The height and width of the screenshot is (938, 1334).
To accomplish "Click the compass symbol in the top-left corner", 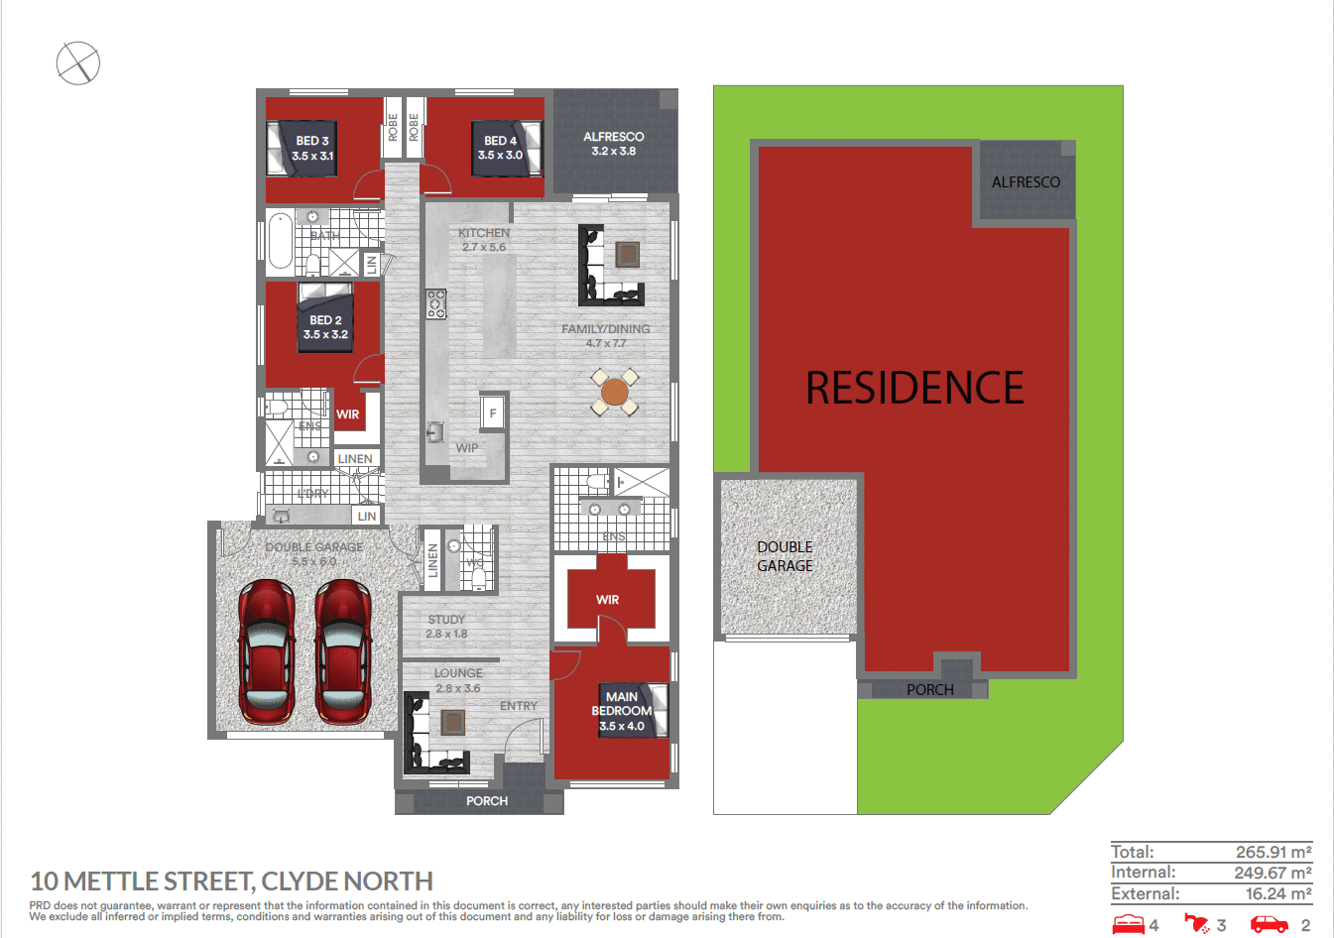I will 78,63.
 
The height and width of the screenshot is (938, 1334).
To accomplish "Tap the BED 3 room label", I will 312,149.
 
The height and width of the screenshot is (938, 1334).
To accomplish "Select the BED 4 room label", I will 500,148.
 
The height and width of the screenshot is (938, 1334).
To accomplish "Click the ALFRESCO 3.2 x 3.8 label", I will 613,144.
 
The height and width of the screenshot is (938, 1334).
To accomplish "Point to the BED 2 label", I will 325,327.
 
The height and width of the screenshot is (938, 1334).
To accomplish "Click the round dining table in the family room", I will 615,392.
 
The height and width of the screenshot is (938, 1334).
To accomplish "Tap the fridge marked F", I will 493,412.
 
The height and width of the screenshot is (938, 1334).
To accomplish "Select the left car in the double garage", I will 267,650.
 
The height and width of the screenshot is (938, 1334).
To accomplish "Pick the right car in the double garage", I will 343,650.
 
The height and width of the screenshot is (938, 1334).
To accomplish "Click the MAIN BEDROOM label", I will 622,711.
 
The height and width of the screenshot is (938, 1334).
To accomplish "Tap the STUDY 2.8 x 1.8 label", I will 446,627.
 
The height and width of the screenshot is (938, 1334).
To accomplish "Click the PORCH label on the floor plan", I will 487,801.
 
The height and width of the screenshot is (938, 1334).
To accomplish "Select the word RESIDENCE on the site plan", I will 914,388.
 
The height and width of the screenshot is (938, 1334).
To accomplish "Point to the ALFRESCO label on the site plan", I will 1026,182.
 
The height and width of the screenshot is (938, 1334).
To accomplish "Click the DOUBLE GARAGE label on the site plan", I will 785,556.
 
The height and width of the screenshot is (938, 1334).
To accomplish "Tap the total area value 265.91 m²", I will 1273,852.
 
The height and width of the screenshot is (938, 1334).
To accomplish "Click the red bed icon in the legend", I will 1129,924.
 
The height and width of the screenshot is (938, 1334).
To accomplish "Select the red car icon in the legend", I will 1269,924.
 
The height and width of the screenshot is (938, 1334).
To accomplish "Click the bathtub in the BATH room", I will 281,242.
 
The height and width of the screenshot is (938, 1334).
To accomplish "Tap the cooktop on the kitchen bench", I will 436,303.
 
